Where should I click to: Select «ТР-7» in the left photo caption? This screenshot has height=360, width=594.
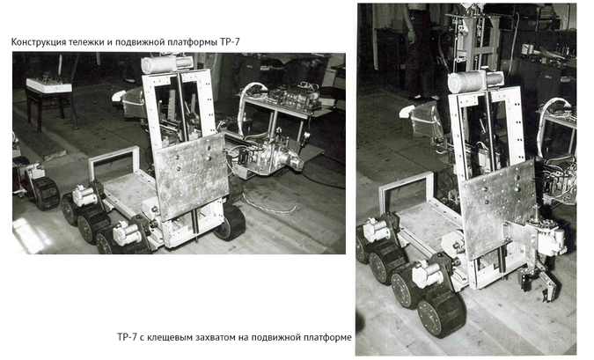click(230, 41)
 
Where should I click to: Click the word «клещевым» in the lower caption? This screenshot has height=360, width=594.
click(169, 337)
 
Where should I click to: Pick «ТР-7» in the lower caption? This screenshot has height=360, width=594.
click(127, 336)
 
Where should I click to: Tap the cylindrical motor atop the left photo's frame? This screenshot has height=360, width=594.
click(167, 63)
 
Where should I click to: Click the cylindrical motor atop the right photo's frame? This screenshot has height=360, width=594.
click(474, 81)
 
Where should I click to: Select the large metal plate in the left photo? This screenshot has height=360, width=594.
click(191, 175)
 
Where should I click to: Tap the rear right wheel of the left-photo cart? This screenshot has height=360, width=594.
click(230, 222)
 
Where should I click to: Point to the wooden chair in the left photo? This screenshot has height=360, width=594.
click(49, 98)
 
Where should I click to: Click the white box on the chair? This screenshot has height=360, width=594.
click(48, 85)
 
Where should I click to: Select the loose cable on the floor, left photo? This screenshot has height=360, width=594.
click(268, 204)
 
